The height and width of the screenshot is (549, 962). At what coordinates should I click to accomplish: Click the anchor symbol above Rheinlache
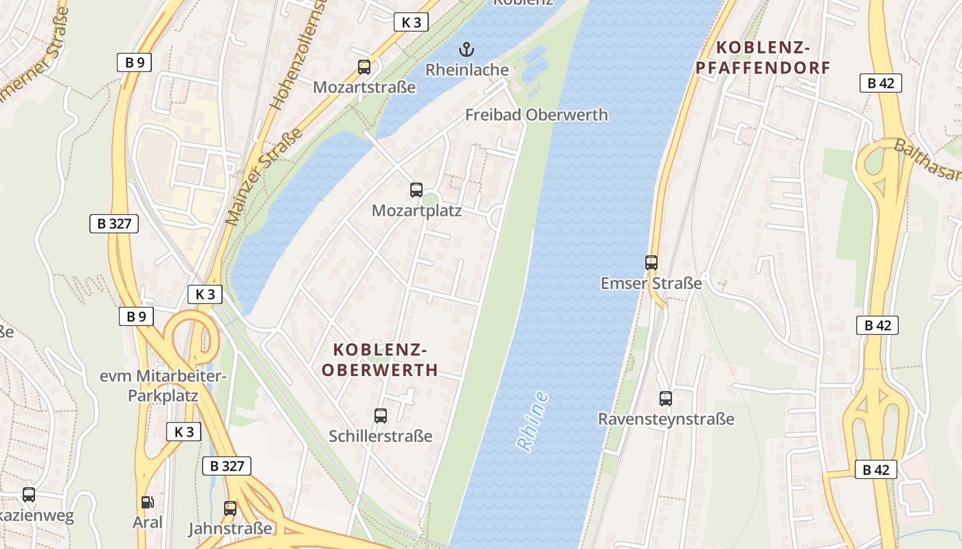pyautogui.click(x=467, y=49)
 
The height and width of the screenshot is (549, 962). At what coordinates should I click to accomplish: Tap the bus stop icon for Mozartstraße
pyautogui.click(x=364, y=67)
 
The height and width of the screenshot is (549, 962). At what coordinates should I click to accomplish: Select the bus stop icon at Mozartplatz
pyautogui.click(x=416, y=190)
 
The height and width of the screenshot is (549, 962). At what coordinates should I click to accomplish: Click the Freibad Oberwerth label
pyautogui.click(x=536, y=115)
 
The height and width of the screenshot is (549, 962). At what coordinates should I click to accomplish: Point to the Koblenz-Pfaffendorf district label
pyautogui.click(x=763, y=58)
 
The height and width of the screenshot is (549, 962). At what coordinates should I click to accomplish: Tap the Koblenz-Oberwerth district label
pyautogui.click(x=380, y=360)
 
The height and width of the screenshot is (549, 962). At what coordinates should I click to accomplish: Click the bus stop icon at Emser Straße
pyautogui.click(x=651, y=262)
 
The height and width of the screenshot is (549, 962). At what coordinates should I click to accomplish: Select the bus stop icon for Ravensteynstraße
pyautogui.click(x=666, y=398)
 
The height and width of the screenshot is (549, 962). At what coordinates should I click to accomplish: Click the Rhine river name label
pyautogui.click(x=533, y=421)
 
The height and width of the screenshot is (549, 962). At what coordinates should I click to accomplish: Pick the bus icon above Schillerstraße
pyautogui.click(x=381, y=415)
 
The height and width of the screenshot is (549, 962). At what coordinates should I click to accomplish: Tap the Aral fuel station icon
pyautogui.click(x=147, y=502)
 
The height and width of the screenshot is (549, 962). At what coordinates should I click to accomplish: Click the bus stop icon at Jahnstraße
pyautogui.click(x=230, y=509)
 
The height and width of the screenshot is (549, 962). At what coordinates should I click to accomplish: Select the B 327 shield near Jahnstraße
pyautogui.click(x=227, y=466)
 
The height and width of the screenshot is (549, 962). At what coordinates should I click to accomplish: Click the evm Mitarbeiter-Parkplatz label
pyautogui.click(x=163, y=386)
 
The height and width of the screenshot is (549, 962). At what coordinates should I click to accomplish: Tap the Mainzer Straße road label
pyautogui.click(x=265, y=177)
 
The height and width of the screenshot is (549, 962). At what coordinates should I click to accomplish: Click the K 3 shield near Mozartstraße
pyautogui.click(x=411, y=22)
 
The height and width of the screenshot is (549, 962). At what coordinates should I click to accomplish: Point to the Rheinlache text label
pyautogui.click(x=467, y=70)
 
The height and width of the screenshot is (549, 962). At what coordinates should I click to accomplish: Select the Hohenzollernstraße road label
pyautogui.click(x=295, y=58)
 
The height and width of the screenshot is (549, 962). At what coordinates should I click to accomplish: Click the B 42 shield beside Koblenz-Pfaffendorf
pyautogui.click(x=881, y=83)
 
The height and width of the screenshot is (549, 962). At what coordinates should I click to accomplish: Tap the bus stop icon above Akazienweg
pyautogui.click(x=29, y=494)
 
